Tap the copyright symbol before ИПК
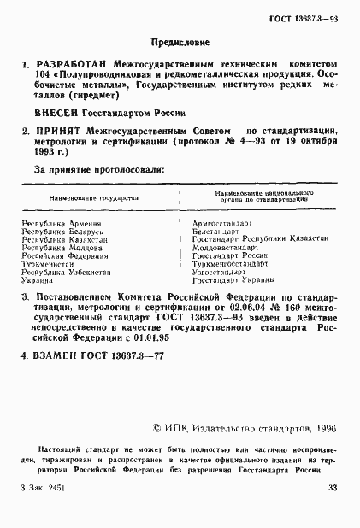pos(156,432)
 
